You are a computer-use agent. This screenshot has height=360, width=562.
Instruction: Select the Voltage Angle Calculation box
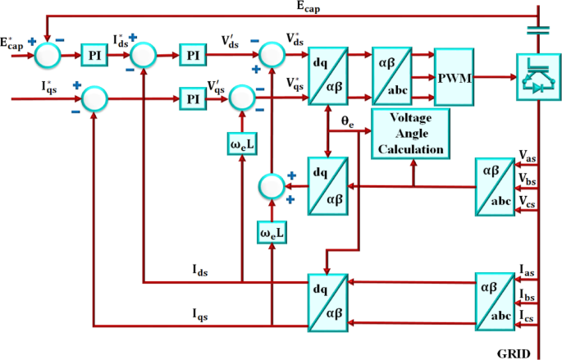point(412,132)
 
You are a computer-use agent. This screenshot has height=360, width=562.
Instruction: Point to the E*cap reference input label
point(14,43)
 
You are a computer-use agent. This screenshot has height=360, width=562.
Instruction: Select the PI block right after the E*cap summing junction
point(93,56)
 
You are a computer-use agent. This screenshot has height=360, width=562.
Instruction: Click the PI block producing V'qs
point(194,98)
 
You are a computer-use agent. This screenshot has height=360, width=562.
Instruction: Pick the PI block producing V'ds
point(194,56)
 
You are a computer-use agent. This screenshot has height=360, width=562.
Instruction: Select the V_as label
point(528,156)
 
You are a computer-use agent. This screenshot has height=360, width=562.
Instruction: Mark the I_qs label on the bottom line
point(203,312)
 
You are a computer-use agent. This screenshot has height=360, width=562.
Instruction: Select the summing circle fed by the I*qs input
point(95,98)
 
